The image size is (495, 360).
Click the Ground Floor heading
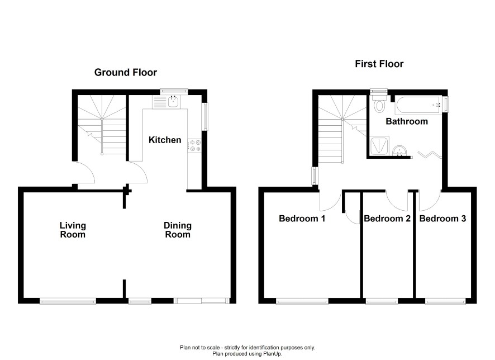coord(126,72)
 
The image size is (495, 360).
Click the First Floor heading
coord(379,64)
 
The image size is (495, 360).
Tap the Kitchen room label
coord(165,140)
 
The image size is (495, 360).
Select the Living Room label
coord(73,230)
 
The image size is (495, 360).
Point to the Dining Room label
coord(178,230)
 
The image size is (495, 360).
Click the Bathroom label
coord(407,121)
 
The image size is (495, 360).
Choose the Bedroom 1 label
coord(302,219)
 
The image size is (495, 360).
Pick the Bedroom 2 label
coord(387,219)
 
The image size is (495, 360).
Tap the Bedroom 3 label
coord(442,219)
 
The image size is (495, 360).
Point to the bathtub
coord(418,105)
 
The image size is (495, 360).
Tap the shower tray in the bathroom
coord(380,146)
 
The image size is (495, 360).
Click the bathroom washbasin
coord(400,150)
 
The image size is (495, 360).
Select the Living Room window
coord(68,301)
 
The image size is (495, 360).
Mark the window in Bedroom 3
coord(445,301)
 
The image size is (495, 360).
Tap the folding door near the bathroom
coord(429,154)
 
